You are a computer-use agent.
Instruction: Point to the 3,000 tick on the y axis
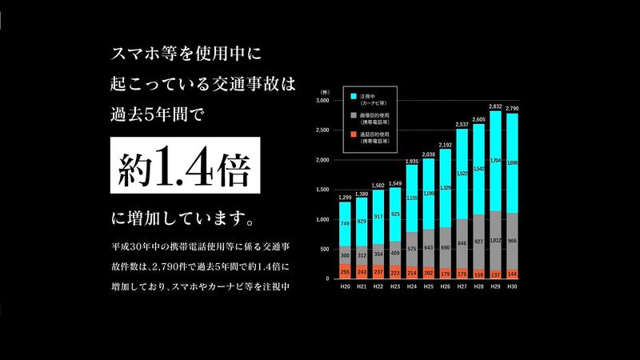[322, 102]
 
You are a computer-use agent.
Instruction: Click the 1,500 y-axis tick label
[322, 190]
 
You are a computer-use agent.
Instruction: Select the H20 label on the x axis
[345, 286]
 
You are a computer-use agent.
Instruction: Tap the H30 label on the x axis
[512, 286]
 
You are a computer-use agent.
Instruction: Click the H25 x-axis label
[429, 286]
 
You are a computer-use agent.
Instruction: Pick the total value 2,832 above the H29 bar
[495, 106]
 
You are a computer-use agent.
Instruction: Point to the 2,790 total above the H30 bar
[512, 108]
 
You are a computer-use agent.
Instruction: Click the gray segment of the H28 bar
[478, 240]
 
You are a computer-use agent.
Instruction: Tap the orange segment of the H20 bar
[345, 271]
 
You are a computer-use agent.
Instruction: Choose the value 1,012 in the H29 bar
[495, 239]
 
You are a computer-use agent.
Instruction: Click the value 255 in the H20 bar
[345, 271]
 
